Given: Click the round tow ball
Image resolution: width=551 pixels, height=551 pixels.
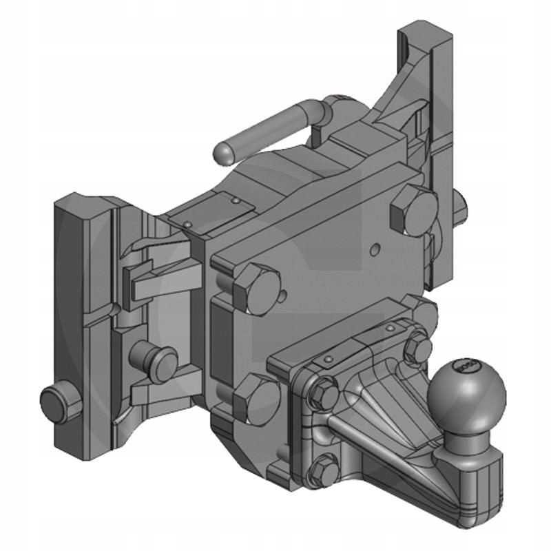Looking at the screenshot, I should (x=468, y=393).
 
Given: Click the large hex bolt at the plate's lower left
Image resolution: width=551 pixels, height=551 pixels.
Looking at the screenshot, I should (x=254, y=399).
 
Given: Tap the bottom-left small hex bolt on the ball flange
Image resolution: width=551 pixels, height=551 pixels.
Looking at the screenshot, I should (x=324, y=471).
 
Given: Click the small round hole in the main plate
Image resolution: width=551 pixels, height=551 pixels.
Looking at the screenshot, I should (x=375, y=246).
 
